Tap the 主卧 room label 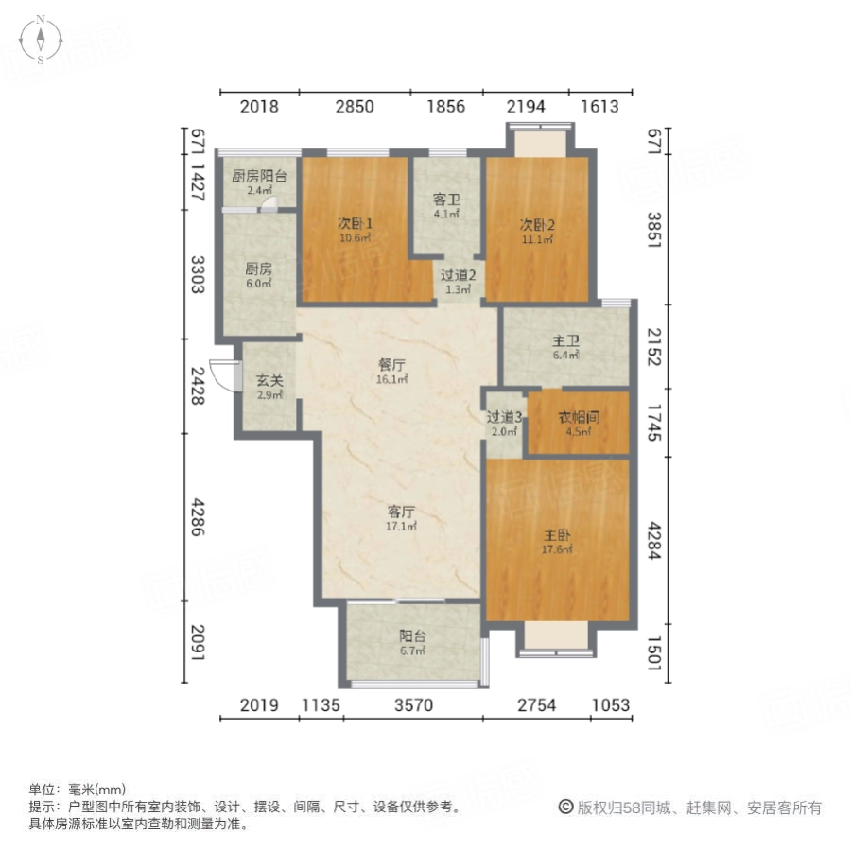point(556,534)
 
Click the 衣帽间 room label point(578,417)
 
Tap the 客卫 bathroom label point(445,200)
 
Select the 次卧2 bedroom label point(536,224)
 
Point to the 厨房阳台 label point(259,176)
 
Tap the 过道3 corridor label point(502,417)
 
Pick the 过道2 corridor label point(459,275)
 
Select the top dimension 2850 point(354,107)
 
